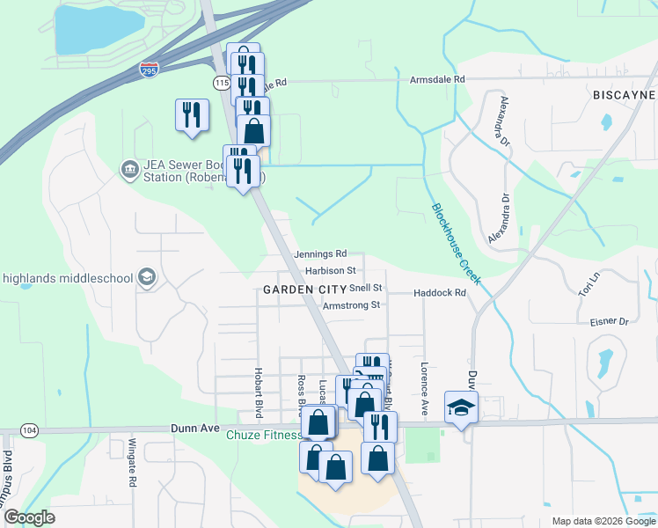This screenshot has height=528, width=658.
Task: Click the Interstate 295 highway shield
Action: pyautogui.click(x=150, y=70)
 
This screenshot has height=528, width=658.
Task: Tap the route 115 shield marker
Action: pyautogui.click(x=222, y=81)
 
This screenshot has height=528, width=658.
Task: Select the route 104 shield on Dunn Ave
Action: pyautogui.click(x=30, y=430)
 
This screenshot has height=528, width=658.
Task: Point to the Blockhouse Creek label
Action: pyautogui.click(x=456, y=244)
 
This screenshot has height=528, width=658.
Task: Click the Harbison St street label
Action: pyautogui.click(x=331, y=270)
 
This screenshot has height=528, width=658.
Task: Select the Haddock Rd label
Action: pyautogui.click(x=439, y=292)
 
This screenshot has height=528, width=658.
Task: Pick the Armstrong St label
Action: pyautogui.click(x=350, y=305)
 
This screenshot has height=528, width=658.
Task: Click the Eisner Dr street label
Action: pyautogui.click(x=610, y=322)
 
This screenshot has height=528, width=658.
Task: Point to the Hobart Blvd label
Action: pyautogui.click(x=260, y=392)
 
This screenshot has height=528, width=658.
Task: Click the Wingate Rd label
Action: pyautogui.click(x=133, y=463)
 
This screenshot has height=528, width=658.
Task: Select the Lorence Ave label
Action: pyautogui.click(x=424, y=388)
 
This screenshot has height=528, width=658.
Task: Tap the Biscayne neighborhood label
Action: pyautogui.click(x=624, y=94)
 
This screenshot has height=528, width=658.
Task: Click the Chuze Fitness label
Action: pyautogui.click(x=264, y=436)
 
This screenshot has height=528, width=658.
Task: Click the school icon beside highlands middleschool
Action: pyautogui.click(x=146, y=278)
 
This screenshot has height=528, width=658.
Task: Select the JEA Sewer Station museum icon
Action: pyautogui.click(x=130, y=167)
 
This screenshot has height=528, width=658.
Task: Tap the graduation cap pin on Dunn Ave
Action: pyautogui.click(x=458, y=407)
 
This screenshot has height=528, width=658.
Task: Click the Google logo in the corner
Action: pyautogui.click(x=28, y=517)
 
